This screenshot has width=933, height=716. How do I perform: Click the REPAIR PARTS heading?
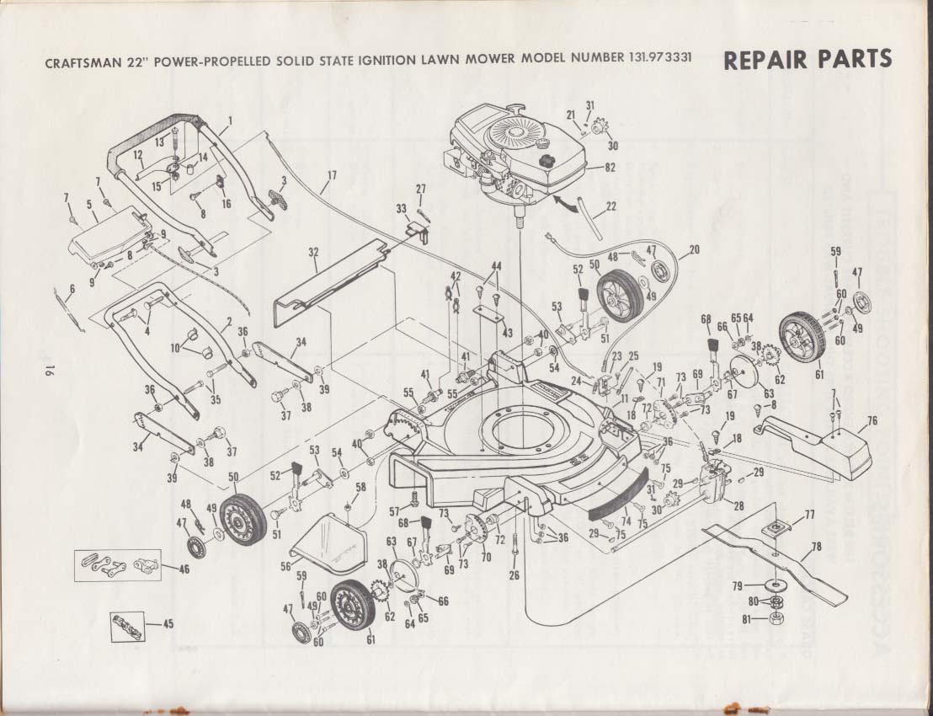(x=806, y=60)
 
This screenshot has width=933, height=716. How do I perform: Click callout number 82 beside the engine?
(x=610, y=168)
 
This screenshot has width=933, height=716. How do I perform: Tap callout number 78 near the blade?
(x=815, y=546)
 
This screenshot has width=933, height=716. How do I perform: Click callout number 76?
(x=872, y=420)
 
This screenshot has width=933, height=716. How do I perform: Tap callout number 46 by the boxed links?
(x=183, y=569)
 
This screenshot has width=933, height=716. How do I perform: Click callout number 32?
(x=313, y=252)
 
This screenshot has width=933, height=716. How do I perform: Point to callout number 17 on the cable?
(x=331, y=175)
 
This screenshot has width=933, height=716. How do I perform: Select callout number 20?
(x=695, y=249)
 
